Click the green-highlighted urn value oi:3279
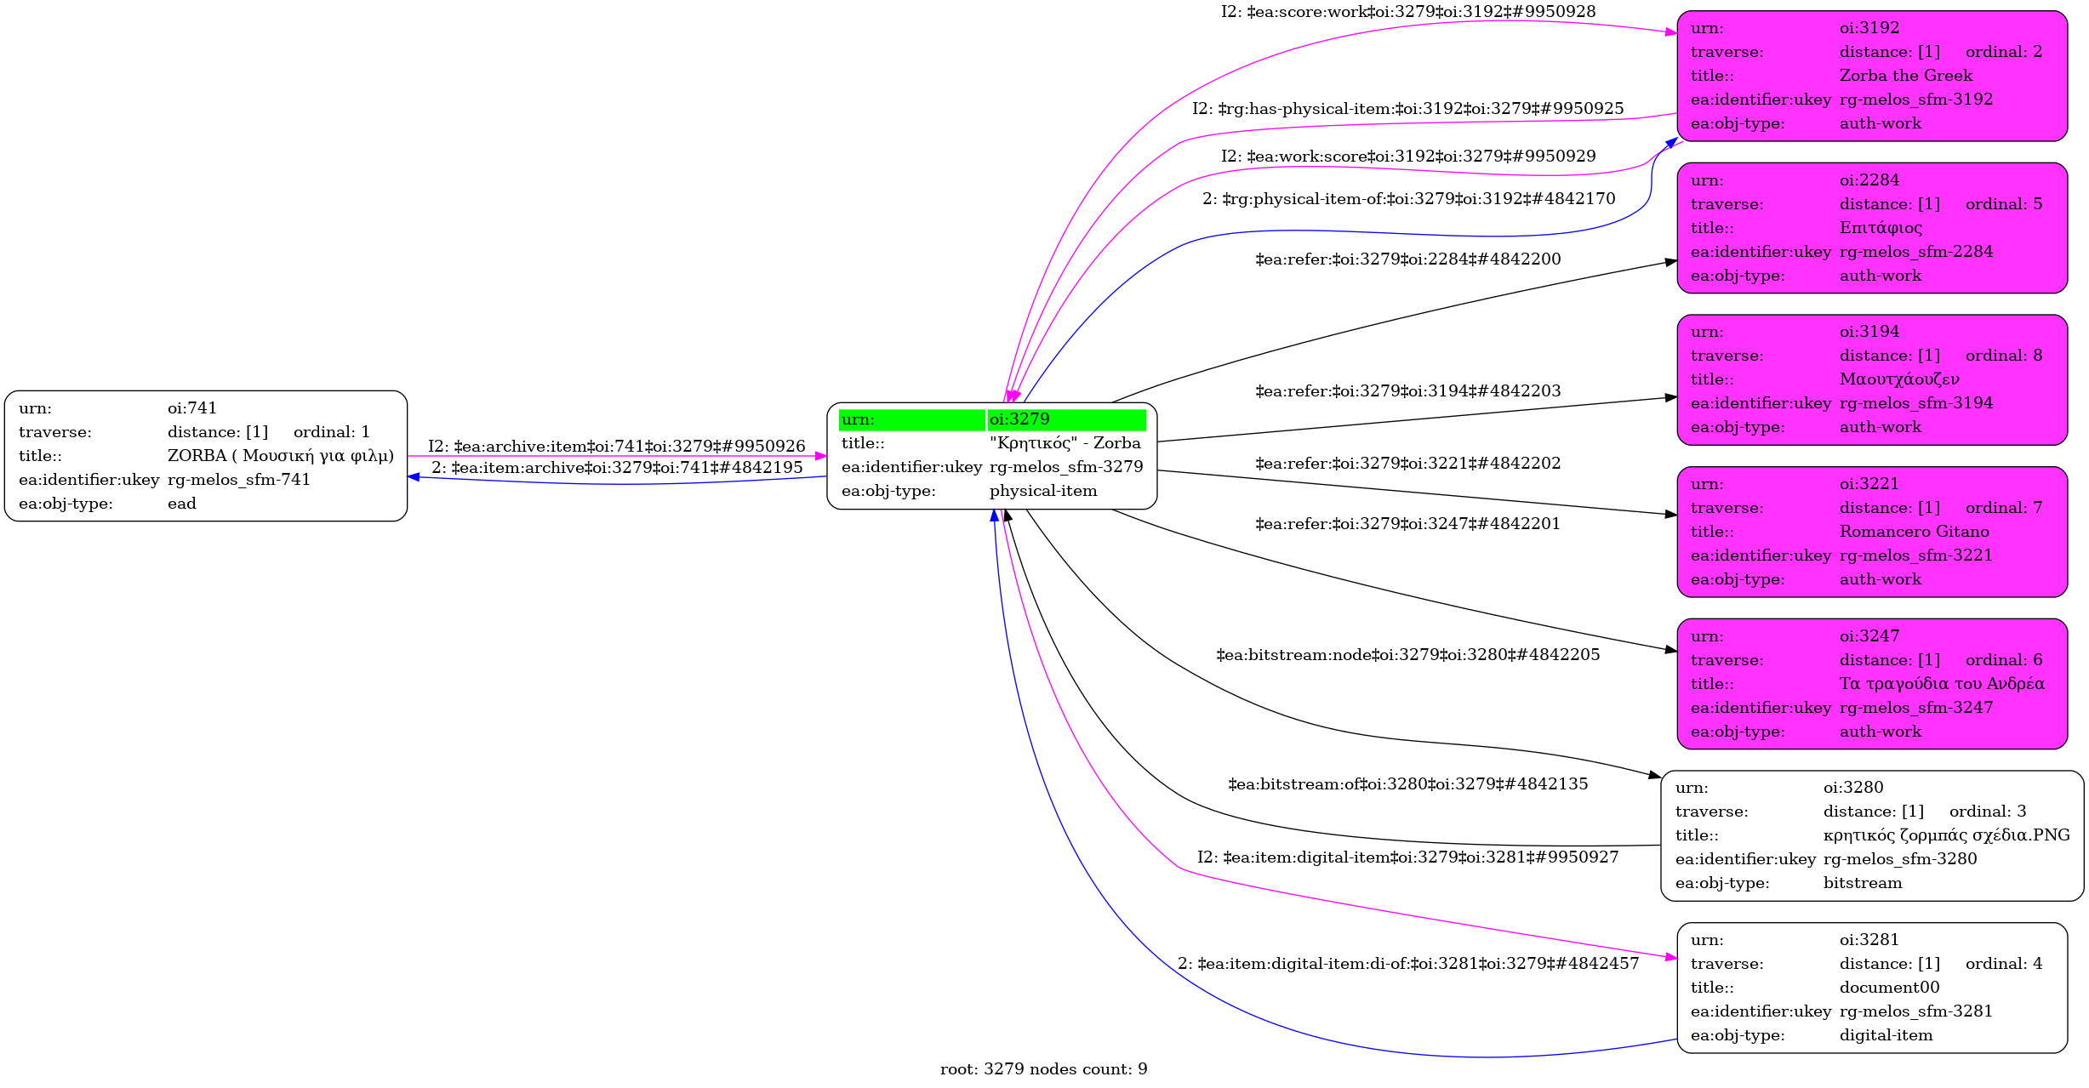[1019, 419]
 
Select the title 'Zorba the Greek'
[1905, 76]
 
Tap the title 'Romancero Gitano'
[1914, 532]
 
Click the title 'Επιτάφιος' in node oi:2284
[1881, 228]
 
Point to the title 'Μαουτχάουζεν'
[1898, 379]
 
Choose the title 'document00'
[1889, 988]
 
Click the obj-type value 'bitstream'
[1862, 883]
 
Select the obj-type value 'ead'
[181, 504]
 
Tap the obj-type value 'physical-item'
[1042, 491]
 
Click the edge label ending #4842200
[1407, 259]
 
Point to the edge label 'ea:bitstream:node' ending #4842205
[1407, 654]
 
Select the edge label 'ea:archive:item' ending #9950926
[616, 446]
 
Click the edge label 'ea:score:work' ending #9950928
[1407, 12]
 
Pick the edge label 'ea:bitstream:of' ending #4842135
[1407, 783]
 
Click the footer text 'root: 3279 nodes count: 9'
[1043, 1068]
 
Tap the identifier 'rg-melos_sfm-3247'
[1915, 708]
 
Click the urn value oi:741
[191, 408]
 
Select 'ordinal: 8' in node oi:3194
[2003, 356]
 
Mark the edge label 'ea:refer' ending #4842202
[1407, 463]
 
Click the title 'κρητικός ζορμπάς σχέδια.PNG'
[1946, 835]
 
